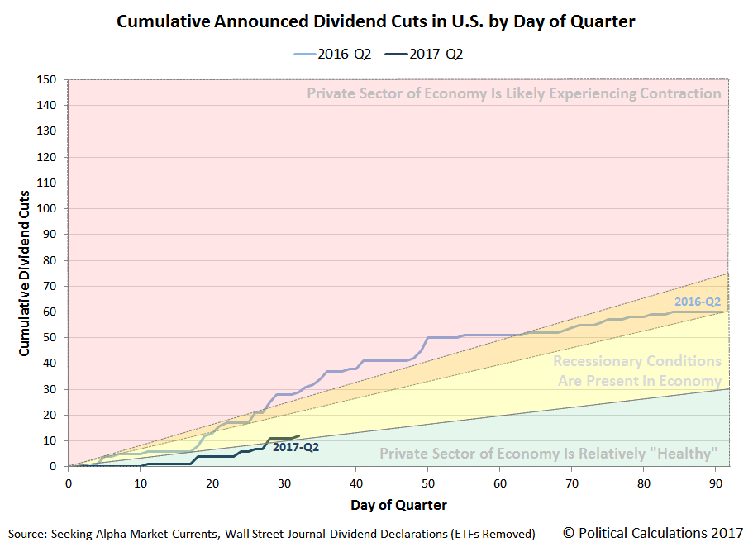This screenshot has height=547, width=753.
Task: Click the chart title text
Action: [376, 21]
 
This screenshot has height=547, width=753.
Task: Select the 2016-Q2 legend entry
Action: [333, 55]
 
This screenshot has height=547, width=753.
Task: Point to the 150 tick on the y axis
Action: [50, 79]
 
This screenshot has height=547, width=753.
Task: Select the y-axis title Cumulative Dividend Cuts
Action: [25, 273]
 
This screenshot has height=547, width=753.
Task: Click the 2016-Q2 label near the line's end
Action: [697, 302]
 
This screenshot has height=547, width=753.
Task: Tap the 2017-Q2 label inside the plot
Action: [295, 447]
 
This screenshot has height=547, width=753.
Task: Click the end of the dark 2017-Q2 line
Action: [298, 435]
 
